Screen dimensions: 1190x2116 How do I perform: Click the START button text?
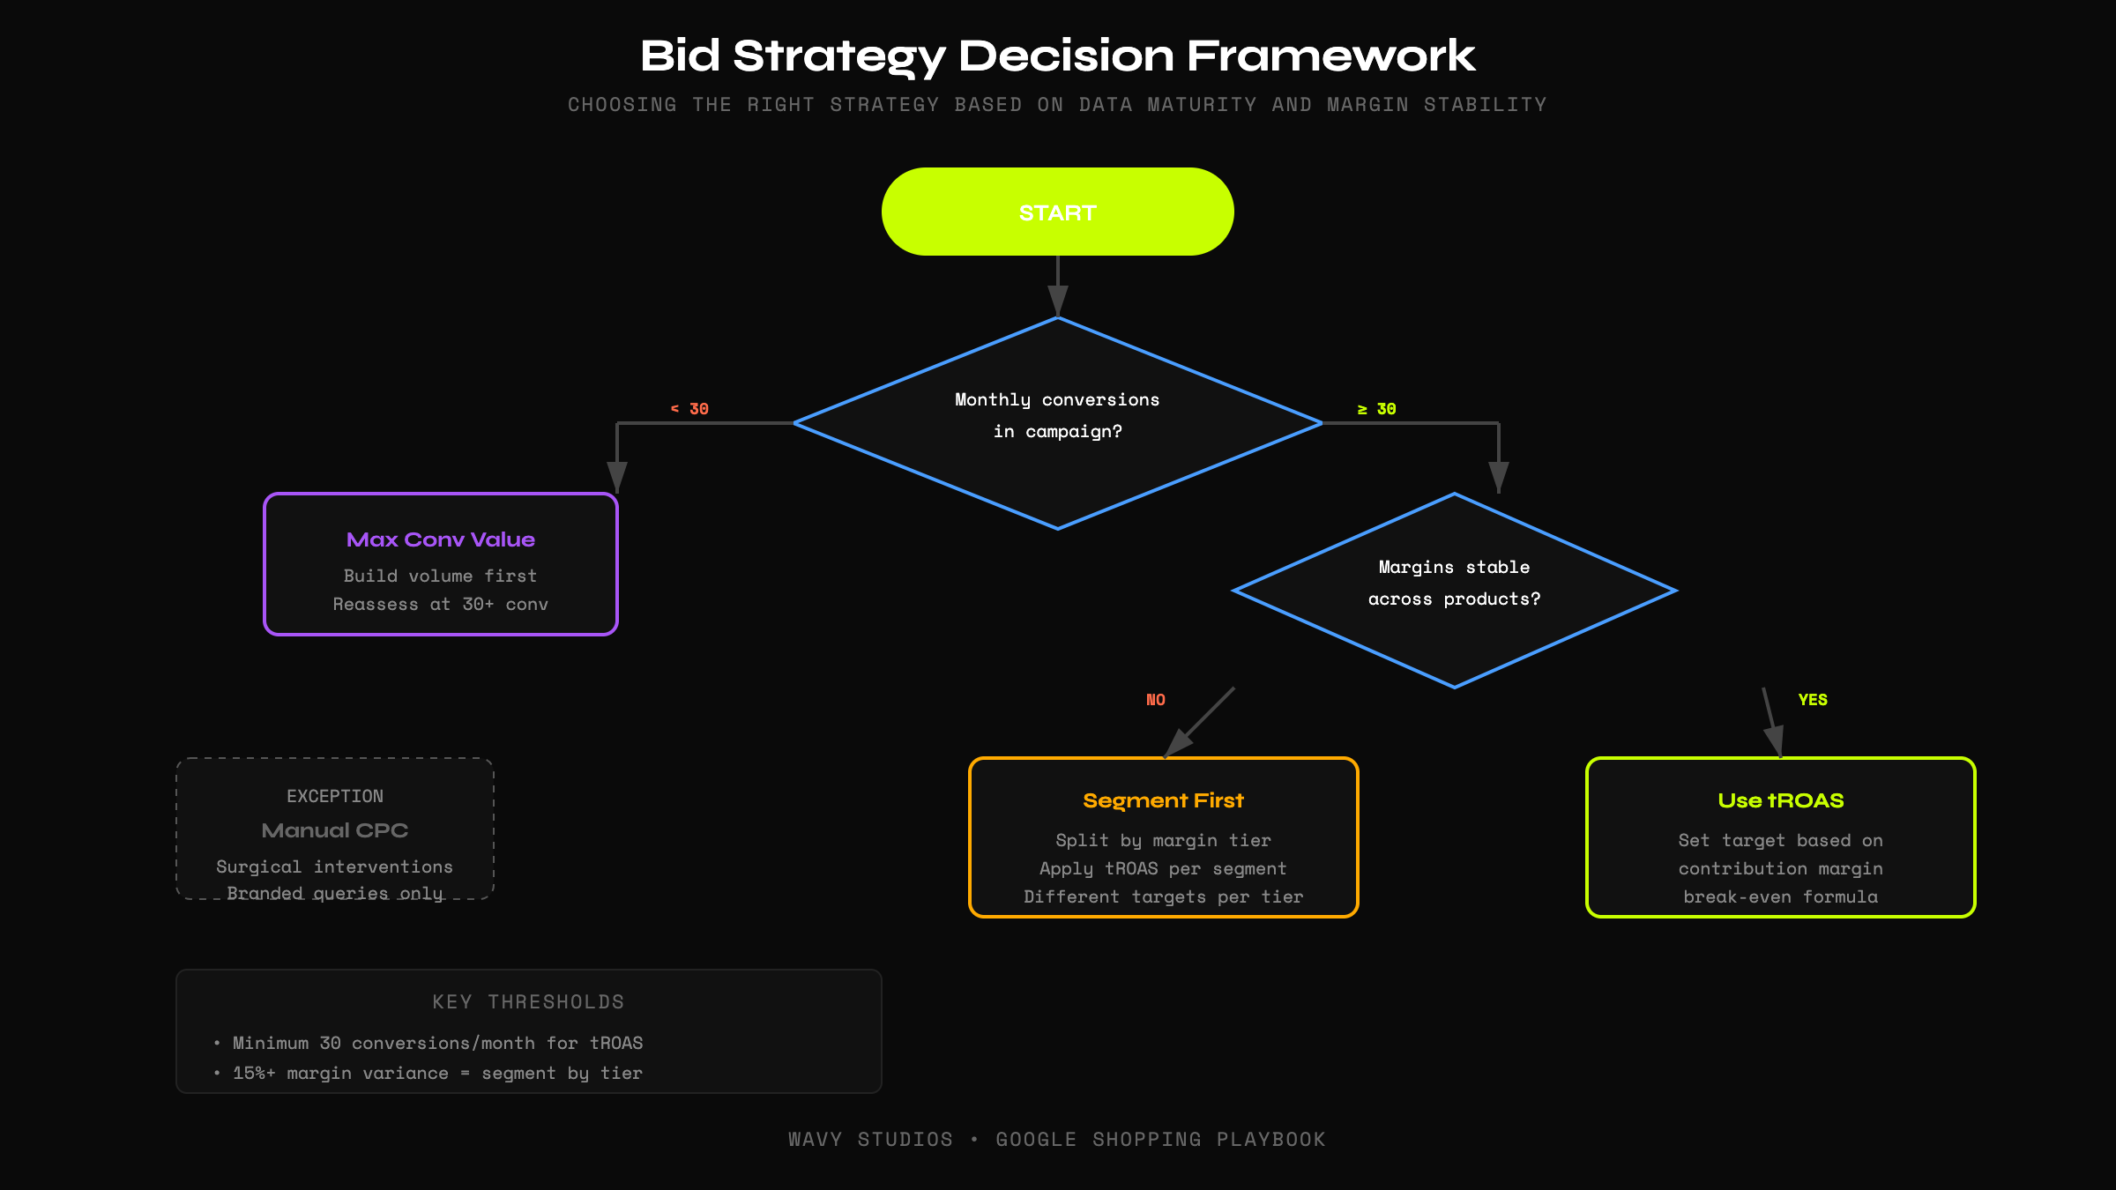pos(1057,213)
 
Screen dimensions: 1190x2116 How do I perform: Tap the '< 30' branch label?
pos(689,409)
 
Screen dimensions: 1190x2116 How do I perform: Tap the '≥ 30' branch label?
pos(1376,409)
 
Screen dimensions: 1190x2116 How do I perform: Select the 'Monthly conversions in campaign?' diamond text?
pos(1057,415)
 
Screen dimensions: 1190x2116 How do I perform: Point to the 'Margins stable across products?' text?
pos(1454,583)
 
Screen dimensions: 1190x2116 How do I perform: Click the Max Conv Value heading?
pos(440,539)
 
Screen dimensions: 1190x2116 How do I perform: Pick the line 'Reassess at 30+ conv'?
pos(440,605)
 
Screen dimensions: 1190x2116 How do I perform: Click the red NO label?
pos(1155,700)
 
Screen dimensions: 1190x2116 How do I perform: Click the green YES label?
pos(1812,700)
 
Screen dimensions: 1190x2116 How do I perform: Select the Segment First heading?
pos(1163,800)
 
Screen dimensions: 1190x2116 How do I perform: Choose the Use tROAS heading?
pos(1780,800)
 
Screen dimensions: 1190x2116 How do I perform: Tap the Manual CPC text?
pos(335,830)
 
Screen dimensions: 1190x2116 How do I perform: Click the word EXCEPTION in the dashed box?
pos(335,796)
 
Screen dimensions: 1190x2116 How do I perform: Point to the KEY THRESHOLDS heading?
pos(528,1002)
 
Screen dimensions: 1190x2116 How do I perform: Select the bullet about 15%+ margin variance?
pos(437,1074)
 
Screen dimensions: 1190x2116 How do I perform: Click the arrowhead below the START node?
pos(1057,300)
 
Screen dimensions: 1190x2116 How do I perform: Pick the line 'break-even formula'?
pos(1780,897)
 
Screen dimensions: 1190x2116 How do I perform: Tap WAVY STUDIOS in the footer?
pos(870,1140)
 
